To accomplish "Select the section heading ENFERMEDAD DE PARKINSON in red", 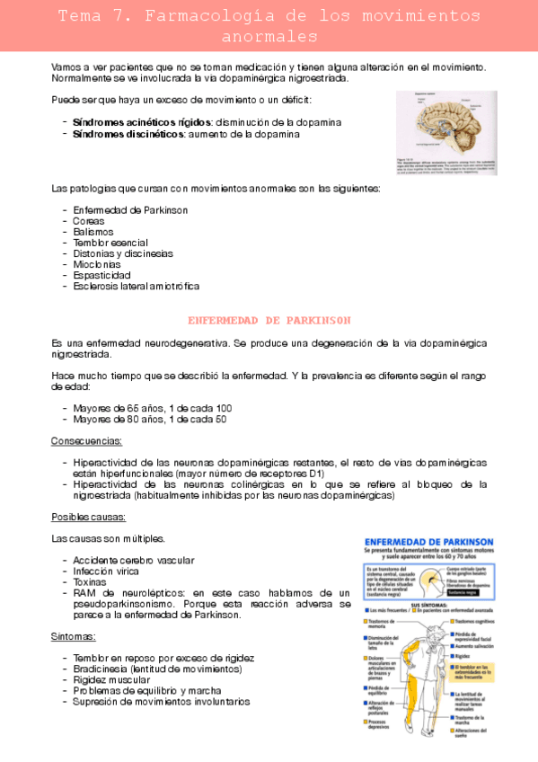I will click(269, 320).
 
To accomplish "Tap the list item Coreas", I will click(89, 220).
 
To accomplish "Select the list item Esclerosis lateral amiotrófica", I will click(137, 286).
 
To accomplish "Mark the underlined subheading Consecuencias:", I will click(87, 441).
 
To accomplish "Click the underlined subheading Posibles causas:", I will click(88, 517).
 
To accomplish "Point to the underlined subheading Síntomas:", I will click(74, 636).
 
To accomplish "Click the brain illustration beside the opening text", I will click(446, 132).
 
